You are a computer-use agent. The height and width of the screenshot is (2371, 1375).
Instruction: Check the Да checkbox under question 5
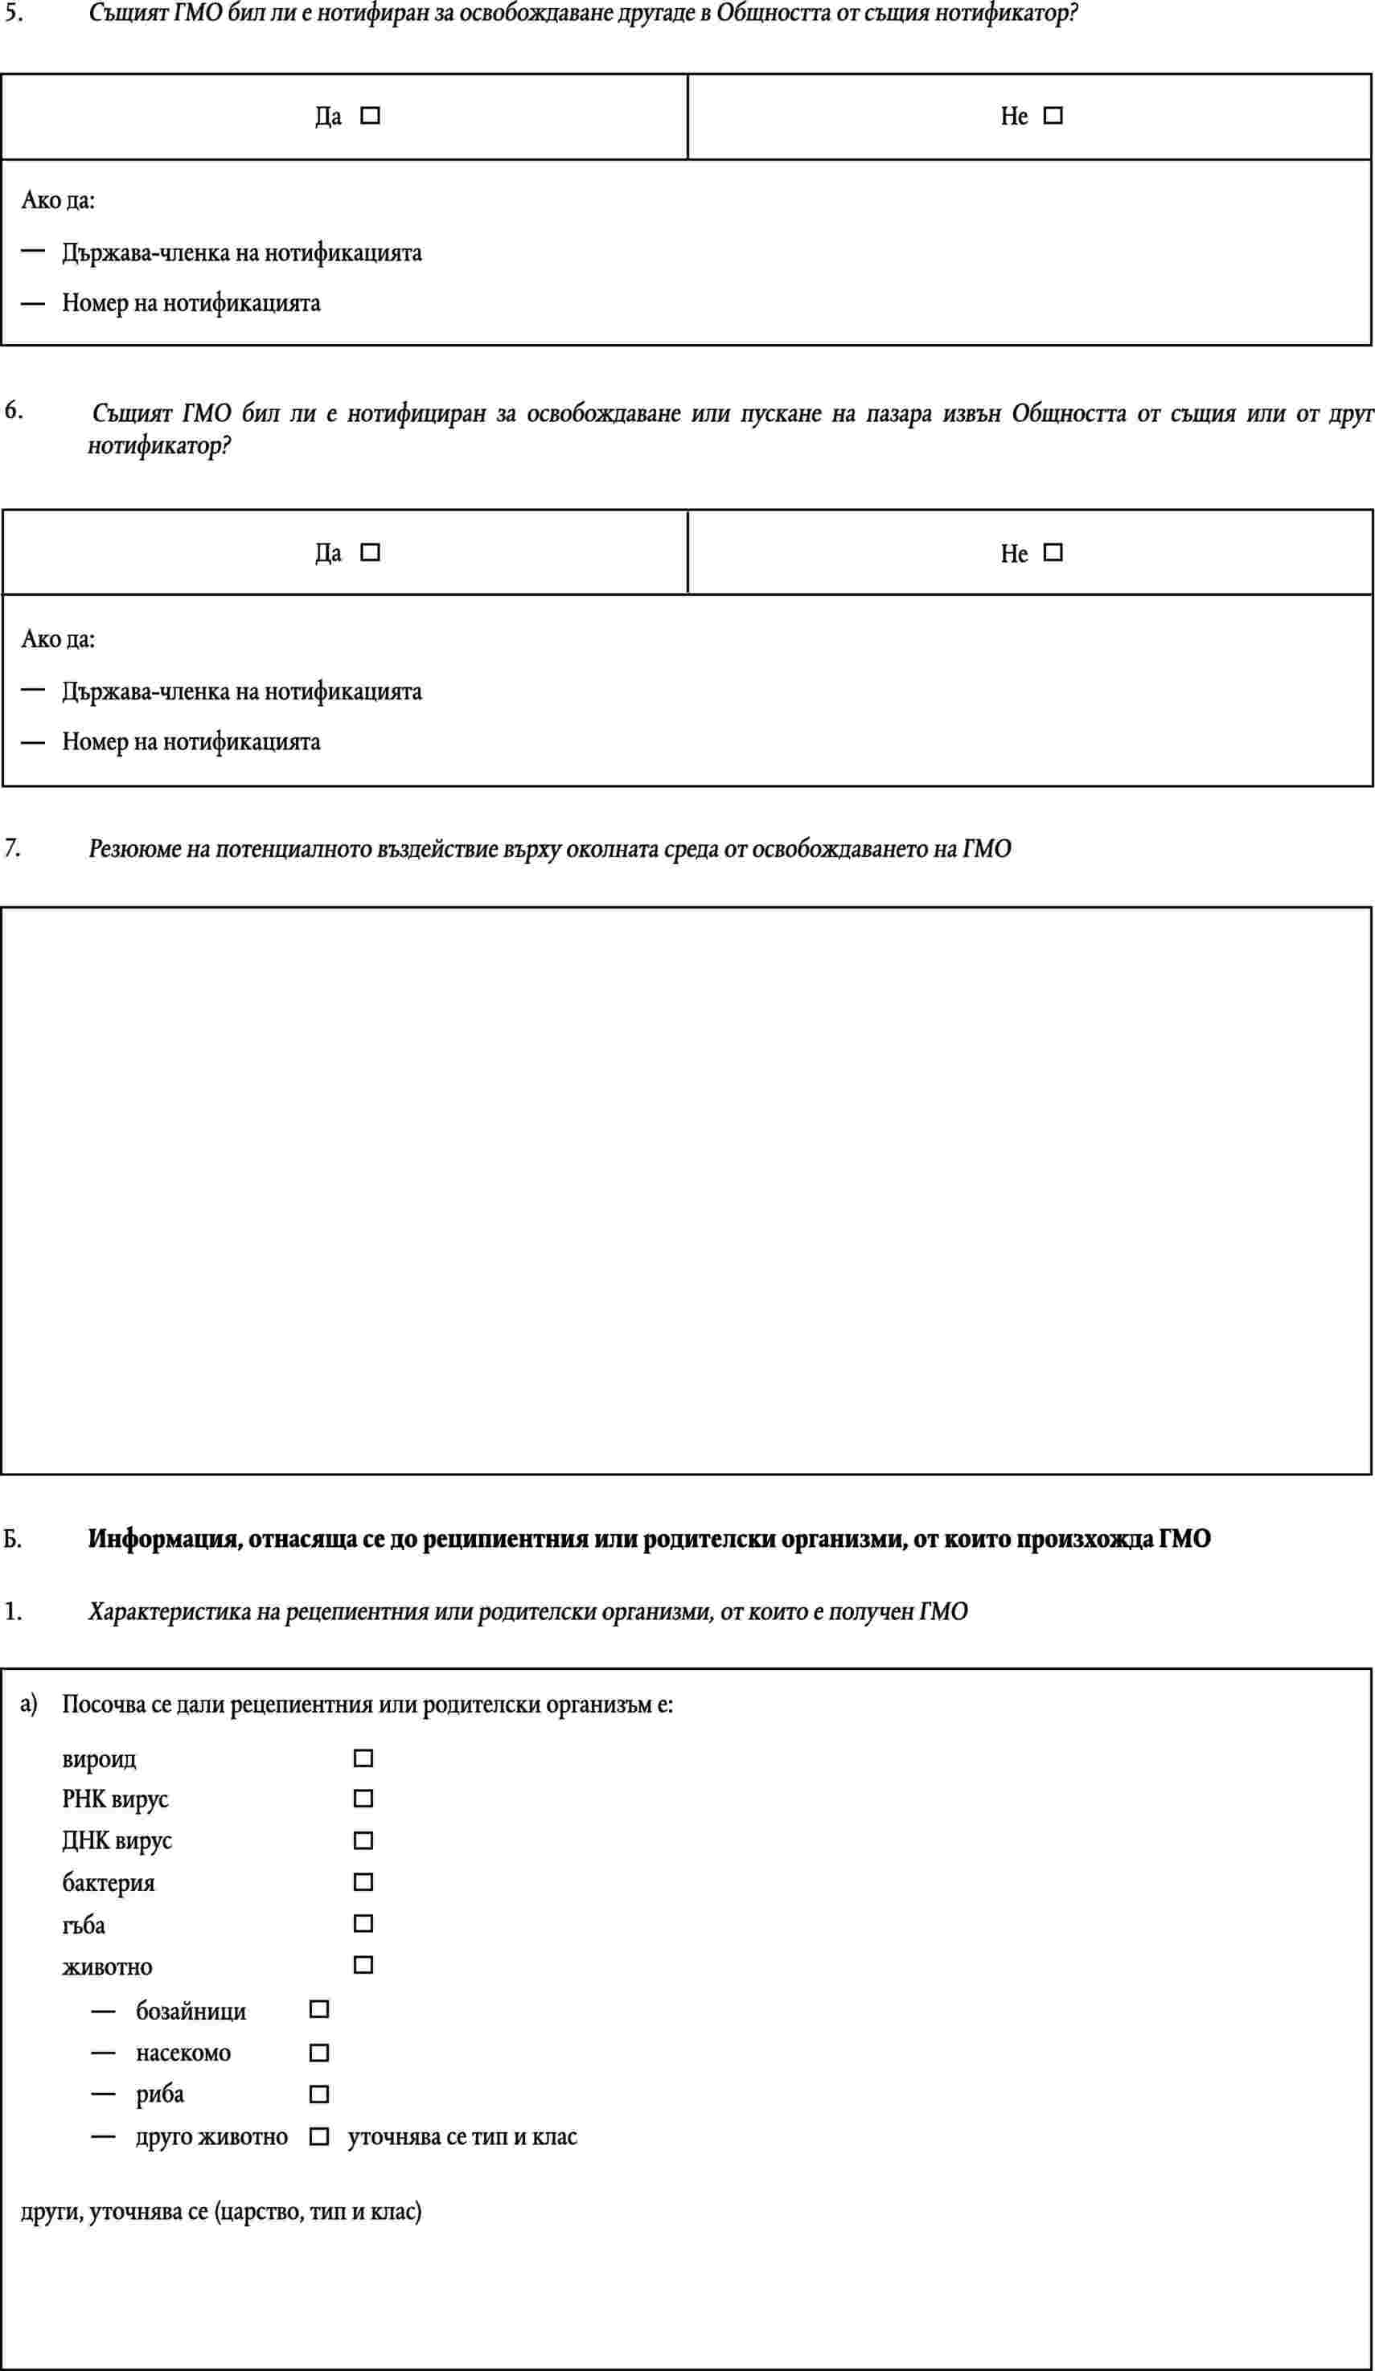point(371,116)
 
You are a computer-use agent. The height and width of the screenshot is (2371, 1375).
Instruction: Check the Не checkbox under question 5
point(1053,116)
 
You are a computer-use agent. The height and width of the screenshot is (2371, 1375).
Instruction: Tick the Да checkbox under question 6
point(371,552)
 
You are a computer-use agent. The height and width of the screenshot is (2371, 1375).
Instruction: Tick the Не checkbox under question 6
point(1053,552)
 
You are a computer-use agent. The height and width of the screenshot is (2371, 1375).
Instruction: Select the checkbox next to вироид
point(363,1758)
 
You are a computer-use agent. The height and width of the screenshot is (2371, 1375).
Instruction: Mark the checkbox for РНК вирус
point(363,1798)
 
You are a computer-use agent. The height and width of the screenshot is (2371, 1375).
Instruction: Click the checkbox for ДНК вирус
point(363,1840)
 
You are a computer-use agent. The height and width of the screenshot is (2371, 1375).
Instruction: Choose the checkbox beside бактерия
point(363,1881)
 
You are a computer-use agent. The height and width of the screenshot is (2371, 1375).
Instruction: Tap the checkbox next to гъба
point(363,1923)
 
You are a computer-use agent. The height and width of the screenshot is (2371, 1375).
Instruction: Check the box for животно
point(363,1964)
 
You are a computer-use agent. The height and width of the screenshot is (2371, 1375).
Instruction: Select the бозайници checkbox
point(319,2008)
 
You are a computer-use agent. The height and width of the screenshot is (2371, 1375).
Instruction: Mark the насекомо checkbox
point(319,2052)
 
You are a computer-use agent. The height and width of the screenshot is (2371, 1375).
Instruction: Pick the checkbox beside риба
point(319,2094)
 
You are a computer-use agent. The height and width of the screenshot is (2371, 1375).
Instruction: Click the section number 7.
point(11,847)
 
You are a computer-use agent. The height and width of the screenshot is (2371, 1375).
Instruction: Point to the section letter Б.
point(12,1538)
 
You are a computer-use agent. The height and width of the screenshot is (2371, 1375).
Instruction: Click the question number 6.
point(13,410)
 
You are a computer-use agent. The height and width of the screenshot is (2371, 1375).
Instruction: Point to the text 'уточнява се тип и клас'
point(462,2137)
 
